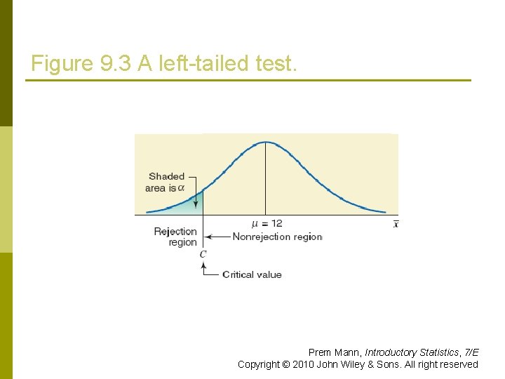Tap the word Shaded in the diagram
[x=166, y=176]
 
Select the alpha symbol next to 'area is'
[x=182, y=187]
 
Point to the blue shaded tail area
[x=188, y=206]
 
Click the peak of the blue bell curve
[x=266, y=142]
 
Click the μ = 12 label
[x=267, y=224]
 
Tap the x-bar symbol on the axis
[x=396, y=224]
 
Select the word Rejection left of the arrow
[x=175, y=232]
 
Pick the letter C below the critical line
[x=203, y=254]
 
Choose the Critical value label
[x=252, y=274]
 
